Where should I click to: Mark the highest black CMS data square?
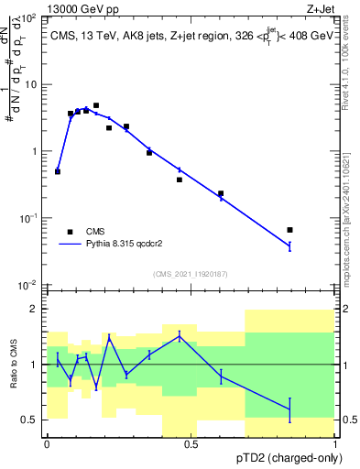click(x=96, y=106)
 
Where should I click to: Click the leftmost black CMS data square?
click(x=58, y=171)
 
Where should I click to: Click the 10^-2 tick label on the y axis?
click(x=27, y=286)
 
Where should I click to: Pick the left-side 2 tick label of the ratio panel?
click(x=34, y=310)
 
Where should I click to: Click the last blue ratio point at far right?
click(x=289, y=409)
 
